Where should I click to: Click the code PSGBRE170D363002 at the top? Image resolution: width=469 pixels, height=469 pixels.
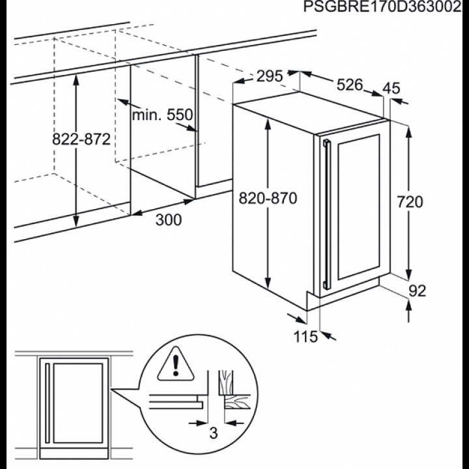pos(382,7)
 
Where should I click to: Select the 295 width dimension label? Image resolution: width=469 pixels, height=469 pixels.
pos(270,76)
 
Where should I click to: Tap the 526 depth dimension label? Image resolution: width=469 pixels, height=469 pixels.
pos(350,85)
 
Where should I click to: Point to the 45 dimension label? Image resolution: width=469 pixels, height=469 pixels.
pos(391,88)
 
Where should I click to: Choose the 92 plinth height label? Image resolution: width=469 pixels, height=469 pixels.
pos(417,291)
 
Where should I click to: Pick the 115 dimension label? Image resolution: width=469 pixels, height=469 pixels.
pos(306,337)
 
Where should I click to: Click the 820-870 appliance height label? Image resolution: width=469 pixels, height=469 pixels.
pos(268,198)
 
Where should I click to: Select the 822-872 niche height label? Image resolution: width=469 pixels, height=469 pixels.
pos(81,139)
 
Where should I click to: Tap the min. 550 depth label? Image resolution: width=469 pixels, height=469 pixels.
pos(162,115)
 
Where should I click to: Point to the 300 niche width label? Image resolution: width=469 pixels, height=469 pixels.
pos(169,220)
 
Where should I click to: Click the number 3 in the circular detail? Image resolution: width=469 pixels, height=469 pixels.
pos(213,433)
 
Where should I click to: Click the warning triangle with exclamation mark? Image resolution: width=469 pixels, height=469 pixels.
pos(176,365)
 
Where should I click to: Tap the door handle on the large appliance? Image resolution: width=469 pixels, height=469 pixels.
pos(327,214)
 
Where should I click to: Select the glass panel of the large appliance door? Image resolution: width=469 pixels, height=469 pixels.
pos(359,207)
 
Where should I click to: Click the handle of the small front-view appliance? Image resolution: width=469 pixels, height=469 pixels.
pos(47,403)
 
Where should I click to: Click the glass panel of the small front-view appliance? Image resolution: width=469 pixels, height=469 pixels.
pos(78,403)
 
